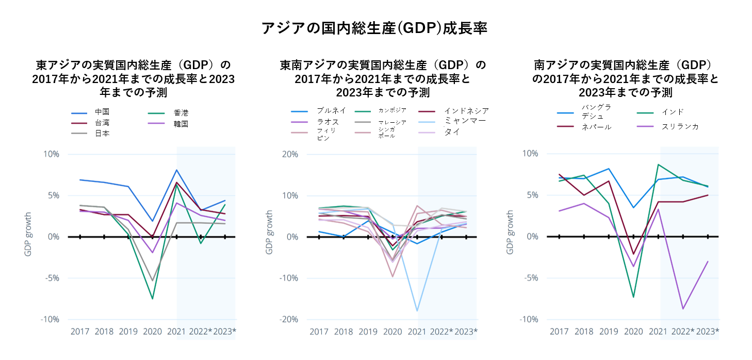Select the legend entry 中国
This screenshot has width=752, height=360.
pyautogui.click(x=102, y=112)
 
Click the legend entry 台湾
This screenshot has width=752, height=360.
pyautogui.click(x=102, y=123)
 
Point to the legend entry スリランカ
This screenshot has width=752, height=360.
pyautogui.click(x=680, y=126)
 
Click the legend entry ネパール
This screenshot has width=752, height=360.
pyautogui.click(x=596, y=127)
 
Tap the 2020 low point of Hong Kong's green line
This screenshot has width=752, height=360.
pyautogui.click(x=152, y=299)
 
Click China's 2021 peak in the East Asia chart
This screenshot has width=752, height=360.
pyautogui.click(x=176, y=170)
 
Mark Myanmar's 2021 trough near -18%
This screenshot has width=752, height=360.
pyautogui.click(x=417, y=311)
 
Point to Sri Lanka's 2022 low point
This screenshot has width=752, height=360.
pyautogui.click(x=683, y=308)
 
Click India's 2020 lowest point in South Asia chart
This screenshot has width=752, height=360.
pyautogui.click(x=633, y=297)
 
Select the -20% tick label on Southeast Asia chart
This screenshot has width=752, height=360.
pyautogui.click(x=290, y=319)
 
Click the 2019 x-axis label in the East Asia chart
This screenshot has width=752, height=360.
pyautogui.click(x=128, y=331)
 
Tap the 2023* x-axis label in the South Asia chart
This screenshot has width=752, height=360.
pyautogui.click(x=707, y=331)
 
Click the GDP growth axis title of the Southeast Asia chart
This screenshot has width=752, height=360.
pyautogui.click(x=269, y=232)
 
